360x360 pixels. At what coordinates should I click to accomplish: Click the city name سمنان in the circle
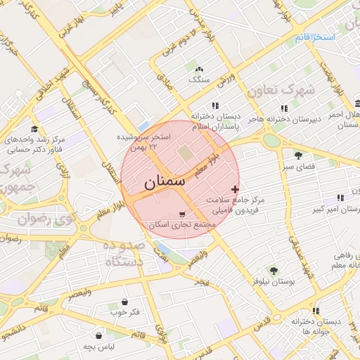click(x=167, y=183)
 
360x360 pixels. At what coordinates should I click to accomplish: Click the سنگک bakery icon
click(x=200, y=69)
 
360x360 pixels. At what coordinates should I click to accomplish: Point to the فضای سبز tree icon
click(x=299, y=155)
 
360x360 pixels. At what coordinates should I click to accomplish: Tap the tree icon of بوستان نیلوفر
click(x=274, y=270)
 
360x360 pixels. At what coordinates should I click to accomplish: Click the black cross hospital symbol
click(x=235, y=189)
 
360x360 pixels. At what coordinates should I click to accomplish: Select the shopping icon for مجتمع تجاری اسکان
click(x=184, y=214)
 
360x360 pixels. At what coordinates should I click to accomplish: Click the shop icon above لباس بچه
click(x=98, y=336)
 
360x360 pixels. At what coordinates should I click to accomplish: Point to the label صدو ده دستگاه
click(x=124, y=253)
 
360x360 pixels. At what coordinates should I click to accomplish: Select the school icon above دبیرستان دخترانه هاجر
click(x=284, y=108)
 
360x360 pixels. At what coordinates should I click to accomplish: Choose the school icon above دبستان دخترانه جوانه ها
click(x=316, y=310)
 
